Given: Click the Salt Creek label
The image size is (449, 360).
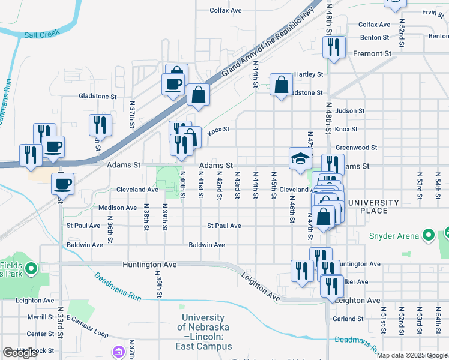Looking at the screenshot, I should [40, 35].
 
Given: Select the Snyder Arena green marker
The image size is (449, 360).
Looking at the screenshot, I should [429, 236].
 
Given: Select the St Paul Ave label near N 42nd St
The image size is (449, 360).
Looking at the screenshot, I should [224, 226].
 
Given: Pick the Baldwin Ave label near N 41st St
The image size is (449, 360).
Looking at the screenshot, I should [206, 245].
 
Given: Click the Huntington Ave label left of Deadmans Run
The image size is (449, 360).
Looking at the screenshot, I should [149, 265].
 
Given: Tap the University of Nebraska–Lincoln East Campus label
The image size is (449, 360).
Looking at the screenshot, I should [203, 332].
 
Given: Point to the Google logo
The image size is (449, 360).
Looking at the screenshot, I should [20, 353].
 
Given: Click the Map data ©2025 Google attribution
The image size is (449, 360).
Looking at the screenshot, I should [412, 355].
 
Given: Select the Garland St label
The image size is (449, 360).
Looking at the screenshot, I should [348, 319].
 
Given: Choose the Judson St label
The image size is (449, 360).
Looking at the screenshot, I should [350, 111].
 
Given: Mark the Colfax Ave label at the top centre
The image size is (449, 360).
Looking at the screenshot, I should [226, 10].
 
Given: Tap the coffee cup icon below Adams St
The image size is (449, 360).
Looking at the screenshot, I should [62, 183].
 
